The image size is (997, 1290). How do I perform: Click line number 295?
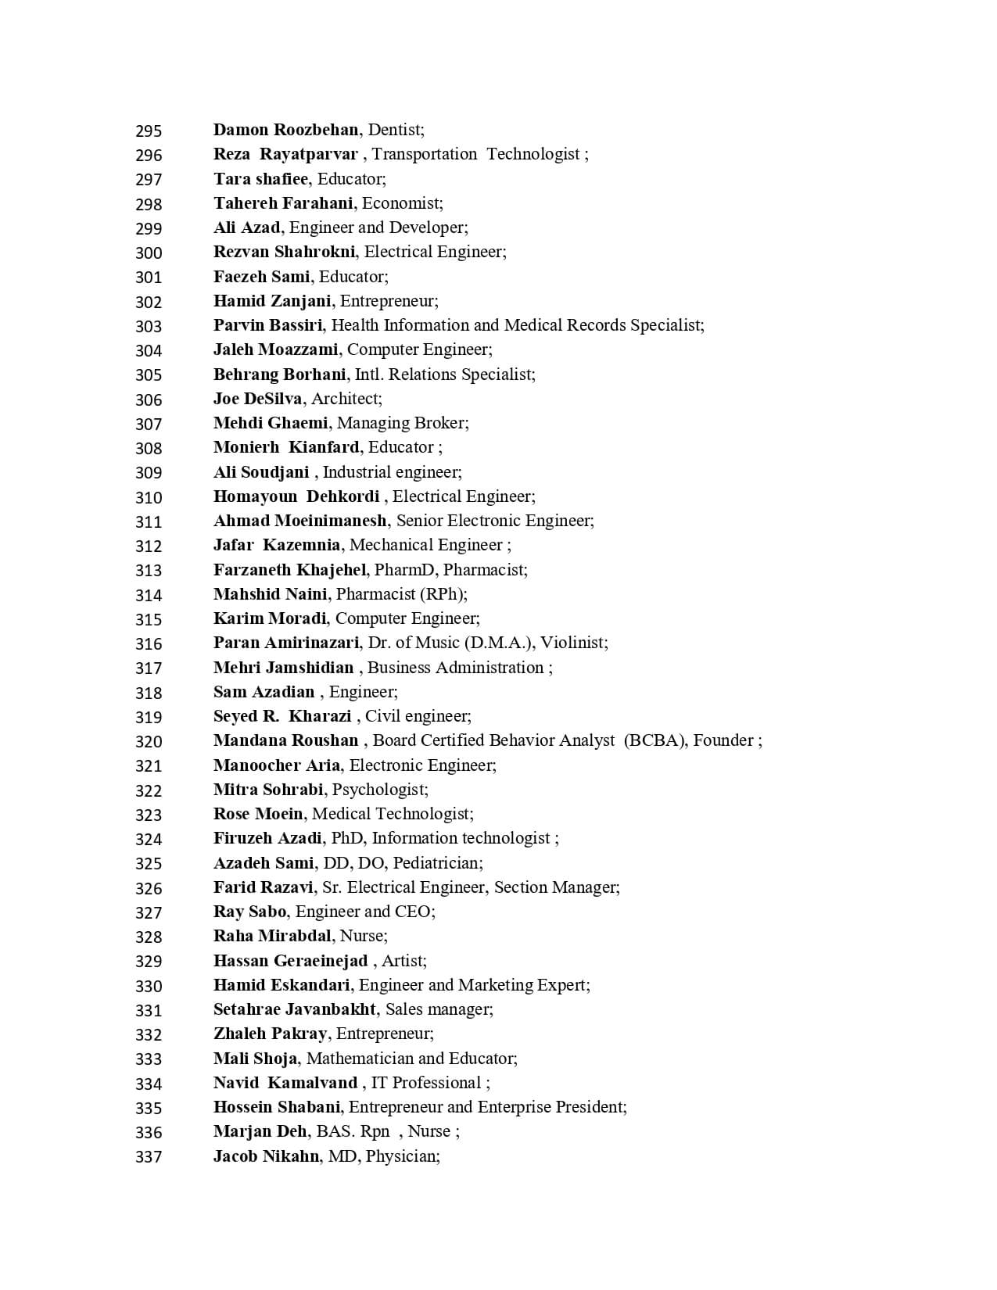[149, 131]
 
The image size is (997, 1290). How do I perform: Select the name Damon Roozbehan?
[285, 130]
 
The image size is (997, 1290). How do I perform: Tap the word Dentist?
[394, 130]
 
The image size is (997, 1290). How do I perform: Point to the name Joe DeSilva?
[257, 399]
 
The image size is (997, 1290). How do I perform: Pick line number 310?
[149, 497]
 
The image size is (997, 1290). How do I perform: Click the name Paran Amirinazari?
[286, 643]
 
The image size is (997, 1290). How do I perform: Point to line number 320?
[149, 741]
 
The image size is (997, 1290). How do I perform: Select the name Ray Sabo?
[249, 912]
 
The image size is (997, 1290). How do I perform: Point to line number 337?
[149, 1157]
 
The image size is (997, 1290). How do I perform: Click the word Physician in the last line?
[401, 1156]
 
